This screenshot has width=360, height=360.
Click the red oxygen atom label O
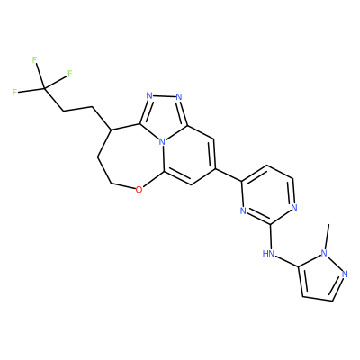point(139,190)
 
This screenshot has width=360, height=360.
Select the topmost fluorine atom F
point(34,60)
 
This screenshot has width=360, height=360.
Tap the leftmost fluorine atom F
point(14,92)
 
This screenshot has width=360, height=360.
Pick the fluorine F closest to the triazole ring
point(70,74)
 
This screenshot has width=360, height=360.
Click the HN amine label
point(268,254)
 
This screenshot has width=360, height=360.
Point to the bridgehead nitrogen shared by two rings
point(162,141)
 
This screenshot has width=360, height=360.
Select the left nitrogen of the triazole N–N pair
point(149,96)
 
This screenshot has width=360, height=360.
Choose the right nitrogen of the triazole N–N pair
point(179,96)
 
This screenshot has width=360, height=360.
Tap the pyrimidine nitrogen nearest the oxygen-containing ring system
point(243,211)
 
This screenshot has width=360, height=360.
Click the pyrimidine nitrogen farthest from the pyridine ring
point(294,207)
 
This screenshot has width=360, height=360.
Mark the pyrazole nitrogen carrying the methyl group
point(324,254)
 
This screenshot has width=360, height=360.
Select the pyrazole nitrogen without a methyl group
point(345,274)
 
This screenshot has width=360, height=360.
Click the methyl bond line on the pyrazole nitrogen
point(327,236)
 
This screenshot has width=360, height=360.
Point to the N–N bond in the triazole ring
point(165,96)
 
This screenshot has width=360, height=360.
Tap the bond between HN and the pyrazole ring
point(287,261)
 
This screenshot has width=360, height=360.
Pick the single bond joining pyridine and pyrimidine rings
point(229,175)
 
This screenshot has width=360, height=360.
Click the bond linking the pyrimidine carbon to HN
point(271,237)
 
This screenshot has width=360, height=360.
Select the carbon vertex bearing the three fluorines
point(44,88)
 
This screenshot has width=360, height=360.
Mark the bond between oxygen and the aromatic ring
point(153,180)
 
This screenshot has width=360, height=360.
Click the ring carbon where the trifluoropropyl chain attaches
point(111,130)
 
